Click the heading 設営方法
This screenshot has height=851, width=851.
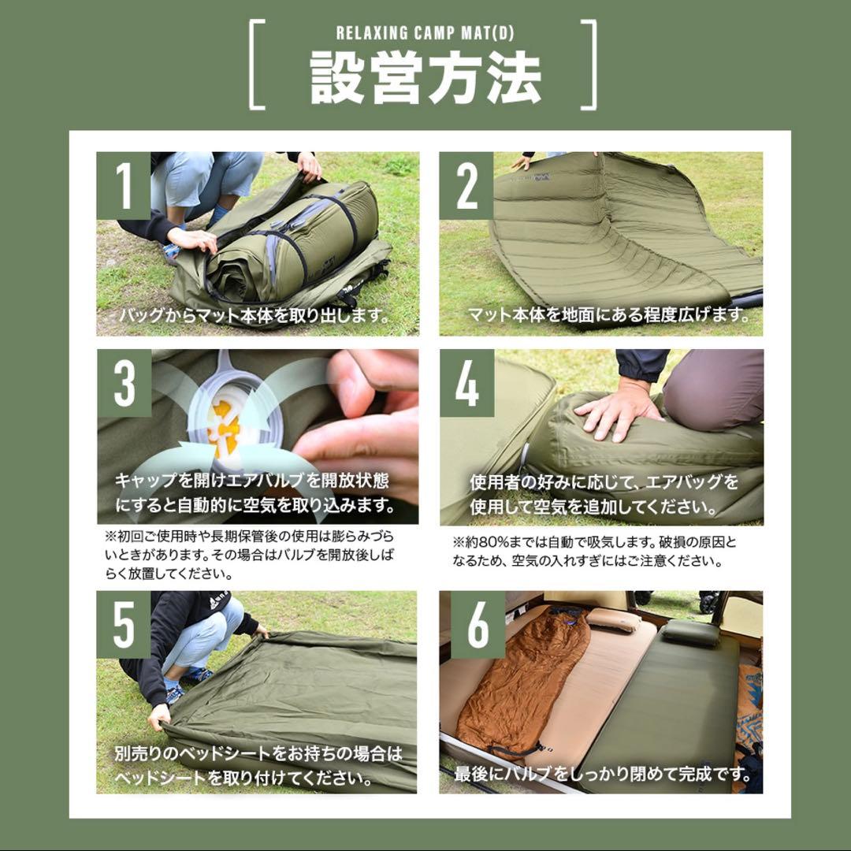click(x=425, y=79)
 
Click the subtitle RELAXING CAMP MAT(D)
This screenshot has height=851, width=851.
click(x=425, y=34)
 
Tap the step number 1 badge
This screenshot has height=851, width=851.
click(x=124, y=185)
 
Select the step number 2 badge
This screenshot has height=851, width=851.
click(x=466, y=185)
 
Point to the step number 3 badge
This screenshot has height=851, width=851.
click(x=124, y=384)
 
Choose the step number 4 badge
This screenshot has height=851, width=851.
click(x=466, y=384)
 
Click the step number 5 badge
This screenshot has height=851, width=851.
click(x=124, y=625)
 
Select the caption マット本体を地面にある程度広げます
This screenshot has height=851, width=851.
click(x=607, y=315)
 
